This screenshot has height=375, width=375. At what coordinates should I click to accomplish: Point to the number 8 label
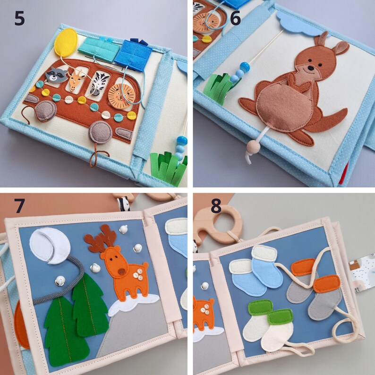pyautogui.click(x=216, y=206)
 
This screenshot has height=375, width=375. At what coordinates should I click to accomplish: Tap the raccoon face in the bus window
pyautogui.click(x=57, y=75)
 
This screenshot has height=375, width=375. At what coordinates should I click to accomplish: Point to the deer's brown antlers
pyautogui.click(x=101, y=237)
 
